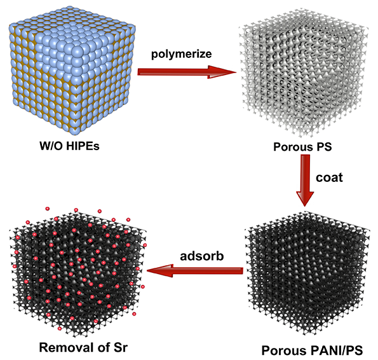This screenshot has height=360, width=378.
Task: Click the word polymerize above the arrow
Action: tap(181, 54)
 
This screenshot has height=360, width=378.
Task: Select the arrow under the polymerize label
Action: tap(187, 72)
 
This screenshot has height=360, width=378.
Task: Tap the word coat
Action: tap(329, 177)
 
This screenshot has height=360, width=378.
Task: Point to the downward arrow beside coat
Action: tap(305, 181)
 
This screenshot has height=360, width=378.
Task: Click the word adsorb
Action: tap(202, 256)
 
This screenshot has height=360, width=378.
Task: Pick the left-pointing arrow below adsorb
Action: tap(195, 270)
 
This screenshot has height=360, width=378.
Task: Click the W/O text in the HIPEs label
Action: tap(51, 146)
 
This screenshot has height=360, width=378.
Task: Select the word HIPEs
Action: tap(83, 146)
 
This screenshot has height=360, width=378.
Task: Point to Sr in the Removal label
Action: tap(119, 348)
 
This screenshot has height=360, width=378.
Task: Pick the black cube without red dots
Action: tap(307, 274)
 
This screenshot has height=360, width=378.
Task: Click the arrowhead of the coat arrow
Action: tap(305, 198)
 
